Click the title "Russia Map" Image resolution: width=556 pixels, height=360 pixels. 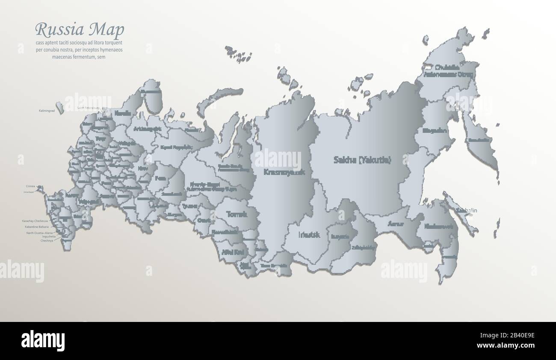tap(80, 30)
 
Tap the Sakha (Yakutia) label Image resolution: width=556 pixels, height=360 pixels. tap(362, 160)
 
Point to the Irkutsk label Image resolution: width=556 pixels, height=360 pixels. tap(309, 235)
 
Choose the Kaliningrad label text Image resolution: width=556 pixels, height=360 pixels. tap(47, 111)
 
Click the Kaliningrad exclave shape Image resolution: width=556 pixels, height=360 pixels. tap(60, 107)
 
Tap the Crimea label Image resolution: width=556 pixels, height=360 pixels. tap(30, 186)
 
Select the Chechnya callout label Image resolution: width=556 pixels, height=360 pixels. tap(47, 241)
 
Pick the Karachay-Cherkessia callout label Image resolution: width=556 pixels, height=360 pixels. tap(35, 221)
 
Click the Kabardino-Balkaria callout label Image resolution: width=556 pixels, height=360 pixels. tap(37, 227)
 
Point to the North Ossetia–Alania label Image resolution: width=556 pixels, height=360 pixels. tap(40, 233)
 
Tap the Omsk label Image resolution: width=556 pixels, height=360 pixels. tap(204, 221)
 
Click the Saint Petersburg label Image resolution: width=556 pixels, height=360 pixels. tap(88, 108)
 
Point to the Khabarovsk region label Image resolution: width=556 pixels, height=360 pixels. tap(441, 227)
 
